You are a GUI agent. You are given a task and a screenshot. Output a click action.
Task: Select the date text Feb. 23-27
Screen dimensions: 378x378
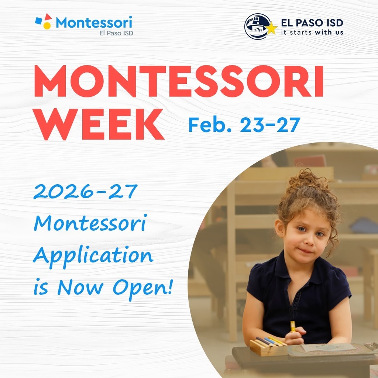tap(243, 125)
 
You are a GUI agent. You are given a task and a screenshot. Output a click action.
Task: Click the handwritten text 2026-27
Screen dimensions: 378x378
tap(85, 192)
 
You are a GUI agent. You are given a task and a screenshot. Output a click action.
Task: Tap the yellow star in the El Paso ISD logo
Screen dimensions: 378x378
tap(271, 28)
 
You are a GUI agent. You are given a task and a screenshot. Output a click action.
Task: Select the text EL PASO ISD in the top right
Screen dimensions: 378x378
tap(312, 23)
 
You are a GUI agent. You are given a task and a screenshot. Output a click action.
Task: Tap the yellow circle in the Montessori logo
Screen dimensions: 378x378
tap(47, 25)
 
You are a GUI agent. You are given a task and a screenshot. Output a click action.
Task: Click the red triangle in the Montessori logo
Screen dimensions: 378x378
tap(48, 17)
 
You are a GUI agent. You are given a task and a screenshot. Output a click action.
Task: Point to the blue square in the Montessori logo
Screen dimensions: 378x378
tap(39, 21)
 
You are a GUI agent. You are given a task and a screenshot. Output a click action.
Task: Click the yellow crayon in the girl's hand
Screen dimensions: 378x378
tap(293, 326)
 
